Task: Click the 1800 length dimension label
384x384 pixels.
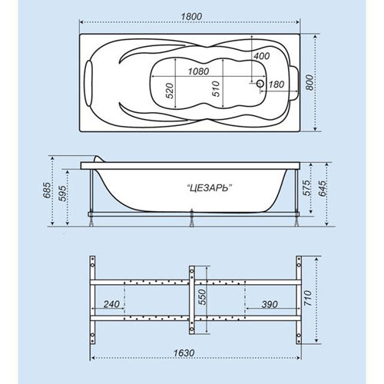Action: [x=191, y=16]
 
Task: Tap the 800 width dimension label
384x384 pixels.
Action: [x=310, y=82]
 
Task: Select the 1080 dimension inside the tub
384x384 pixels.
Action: [x=198, y=71]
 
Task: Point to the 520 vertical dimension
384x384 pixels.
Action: [x=170, y=91]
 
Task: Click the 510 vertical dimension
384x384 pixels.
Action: [x=216, y=88]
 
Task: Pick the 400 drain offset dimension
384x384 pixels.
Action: [x=262, y=56]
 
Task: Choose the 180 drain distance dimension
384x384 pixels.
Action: [x=276, y=84]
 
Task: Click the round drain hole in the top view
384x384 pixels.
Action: [x=260, y=84]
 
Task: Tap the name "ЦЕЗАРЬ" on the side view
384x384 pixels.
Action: [x=208, y=189]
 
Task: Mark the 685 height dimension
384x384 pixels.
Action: [x=48, y=190]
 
